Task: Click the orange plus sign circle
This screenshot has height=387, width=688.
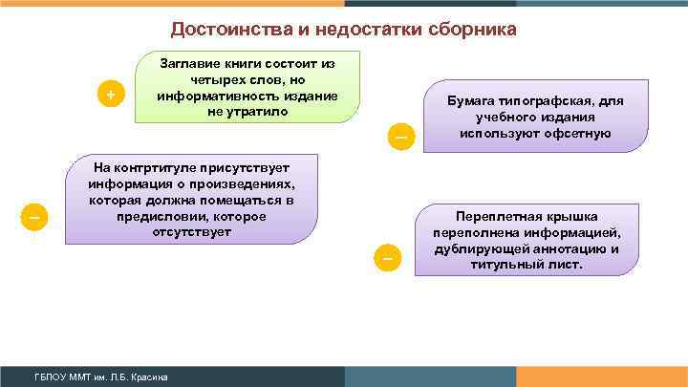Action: (x=112, y=95)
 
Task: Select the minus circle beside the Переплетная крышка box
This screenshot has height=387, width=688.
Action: (x=387, y=258)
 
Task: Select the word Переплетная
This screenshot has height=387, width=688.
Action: (x=498, y=215)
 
